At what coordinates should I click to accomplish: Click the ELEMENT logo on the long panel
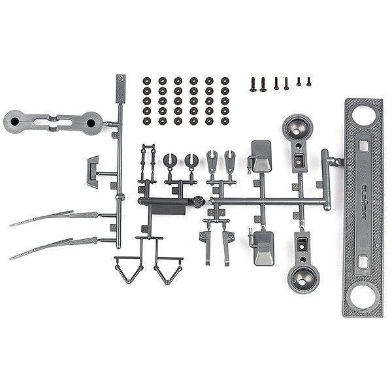click(363, 193)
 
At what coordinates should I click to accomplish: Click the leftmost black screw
click(252, 85)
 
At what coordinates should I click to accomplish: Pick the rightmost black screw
click(308, 82)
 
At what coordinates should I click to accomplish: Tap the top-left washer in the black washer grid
click(146, 81)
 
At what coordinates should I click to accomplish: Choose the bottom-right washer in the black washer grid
click(225, 121)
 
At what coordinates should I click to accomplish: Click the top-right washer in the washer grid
click(225, 81)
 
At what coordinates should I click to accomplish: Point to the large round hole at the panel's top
click(363, 116)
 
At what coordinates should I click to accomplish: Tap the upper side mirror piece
click(261, 155)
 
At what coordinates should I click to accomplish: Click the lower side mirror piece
click(263, 243)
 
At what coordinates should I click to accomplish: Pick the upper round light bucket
click(296, 128)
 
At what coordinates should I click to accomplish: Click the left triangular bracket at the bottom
click(129, 267)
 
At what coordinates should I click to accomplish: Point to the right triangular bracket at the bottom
click(167, 268)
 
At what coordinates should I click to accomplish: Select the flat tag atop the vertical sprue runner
click(122, 86)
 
